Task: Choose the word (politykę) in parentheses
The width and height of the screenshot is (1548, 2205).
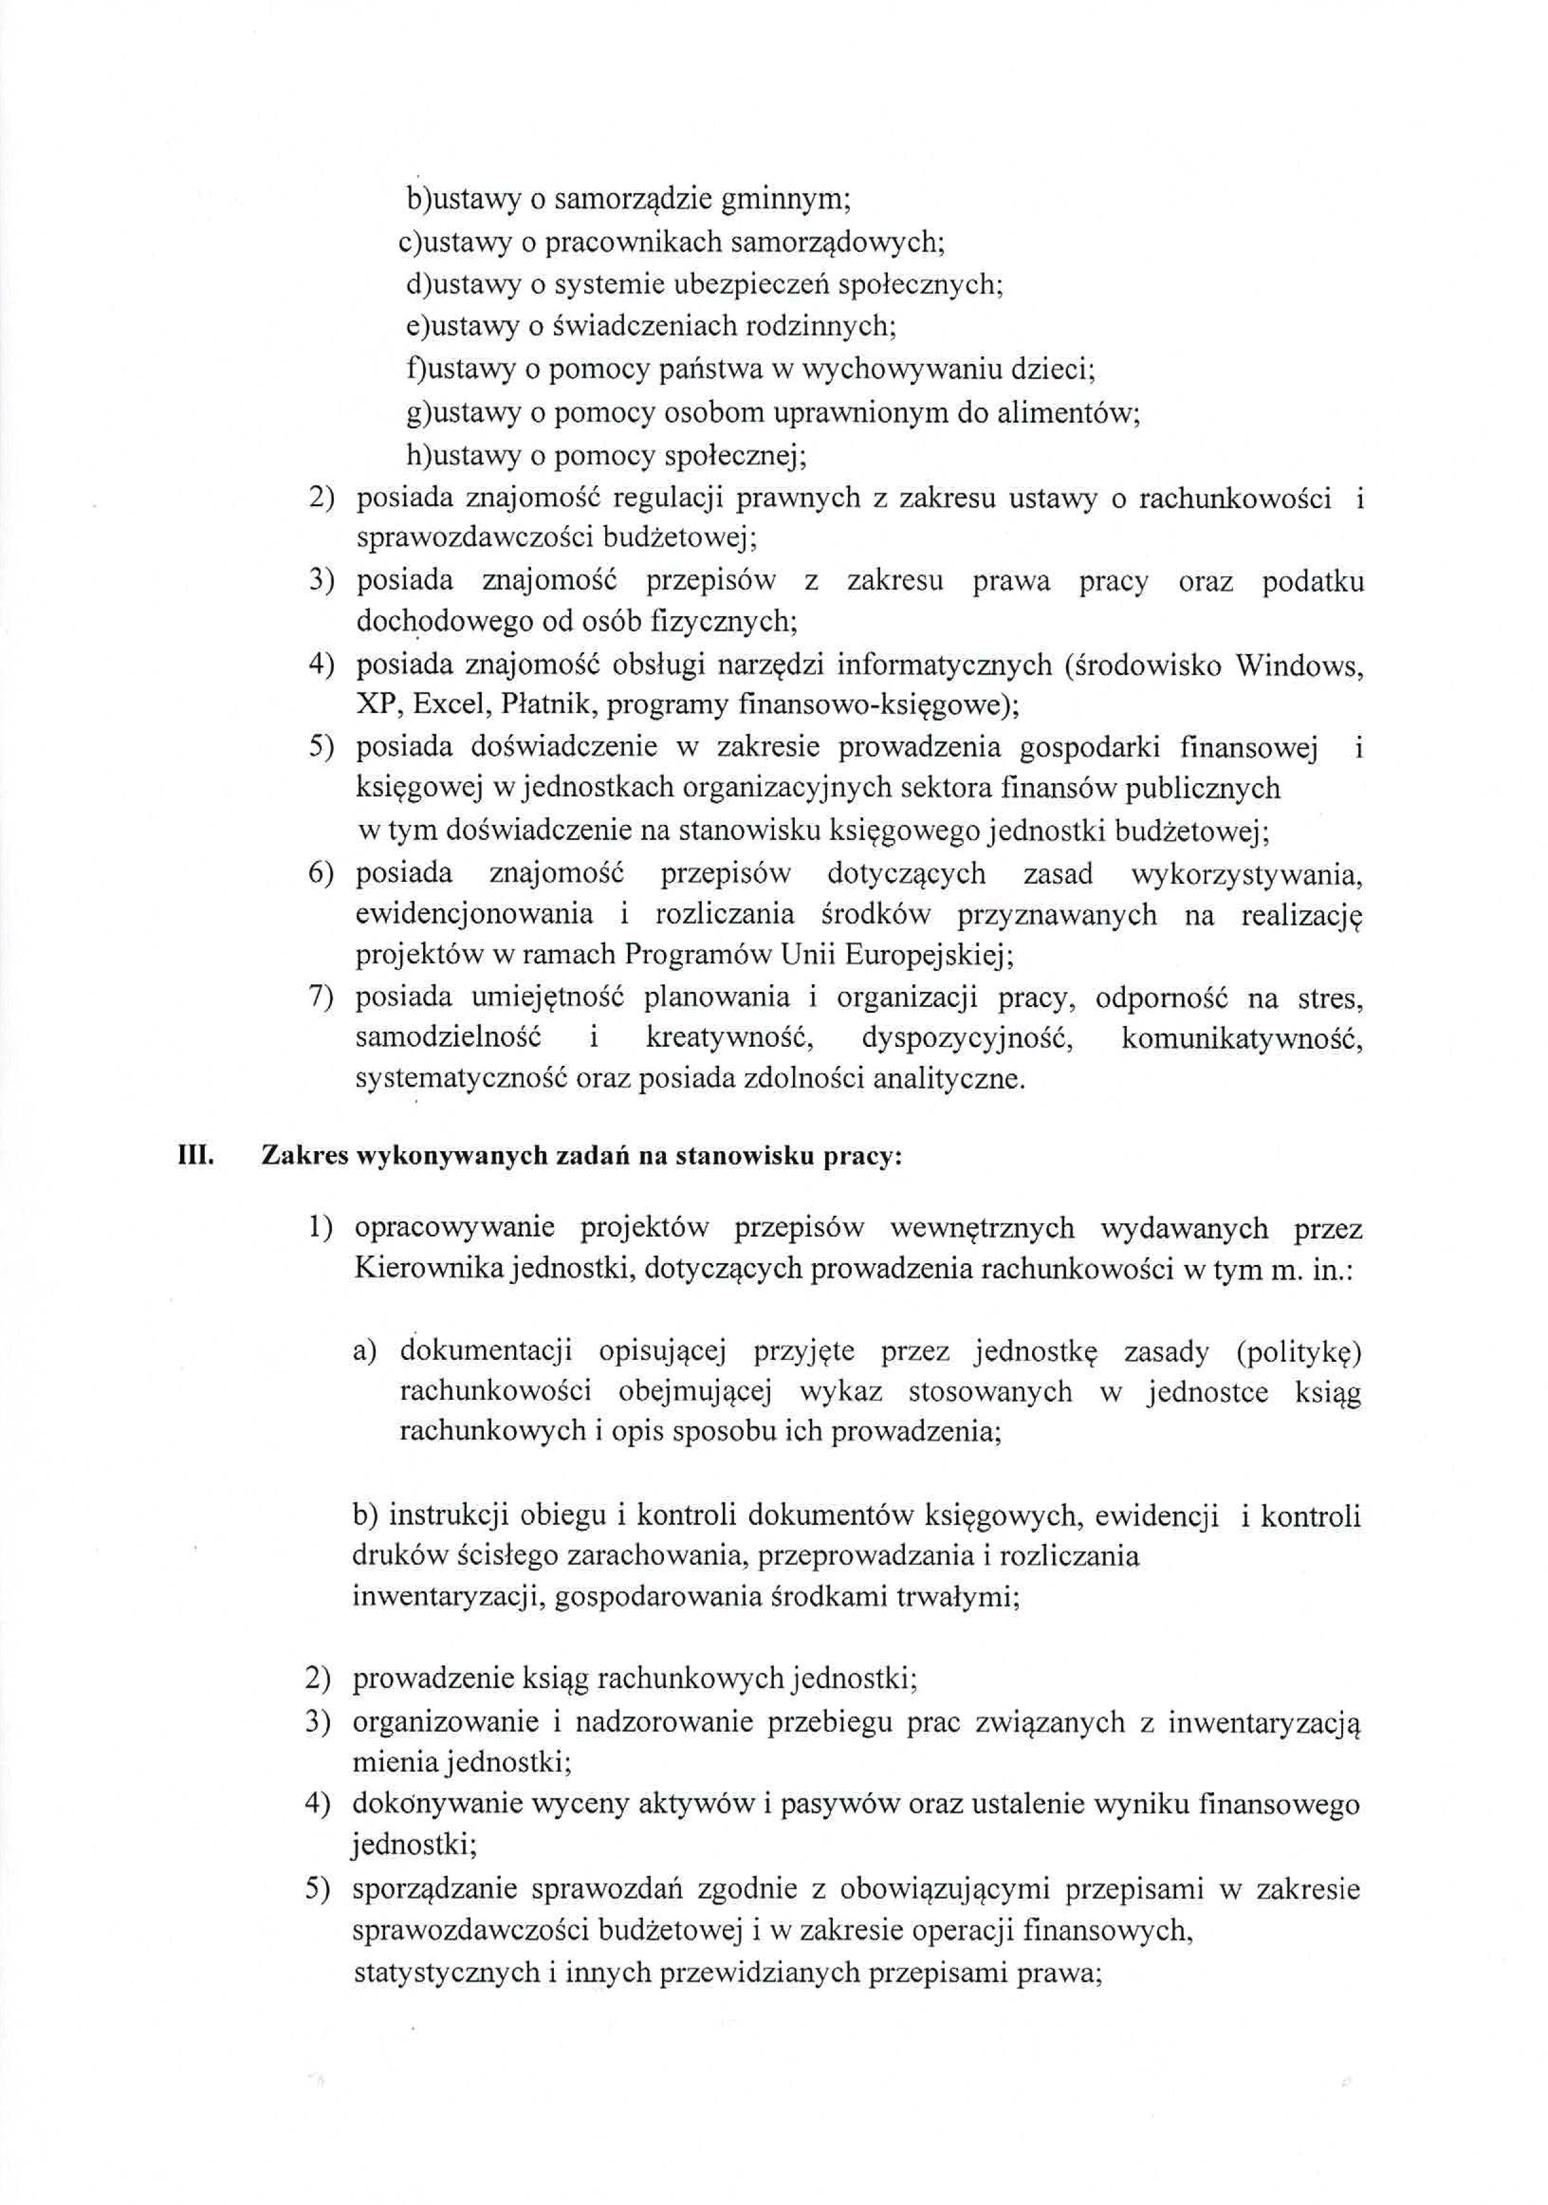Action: pos(1299,1351)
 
